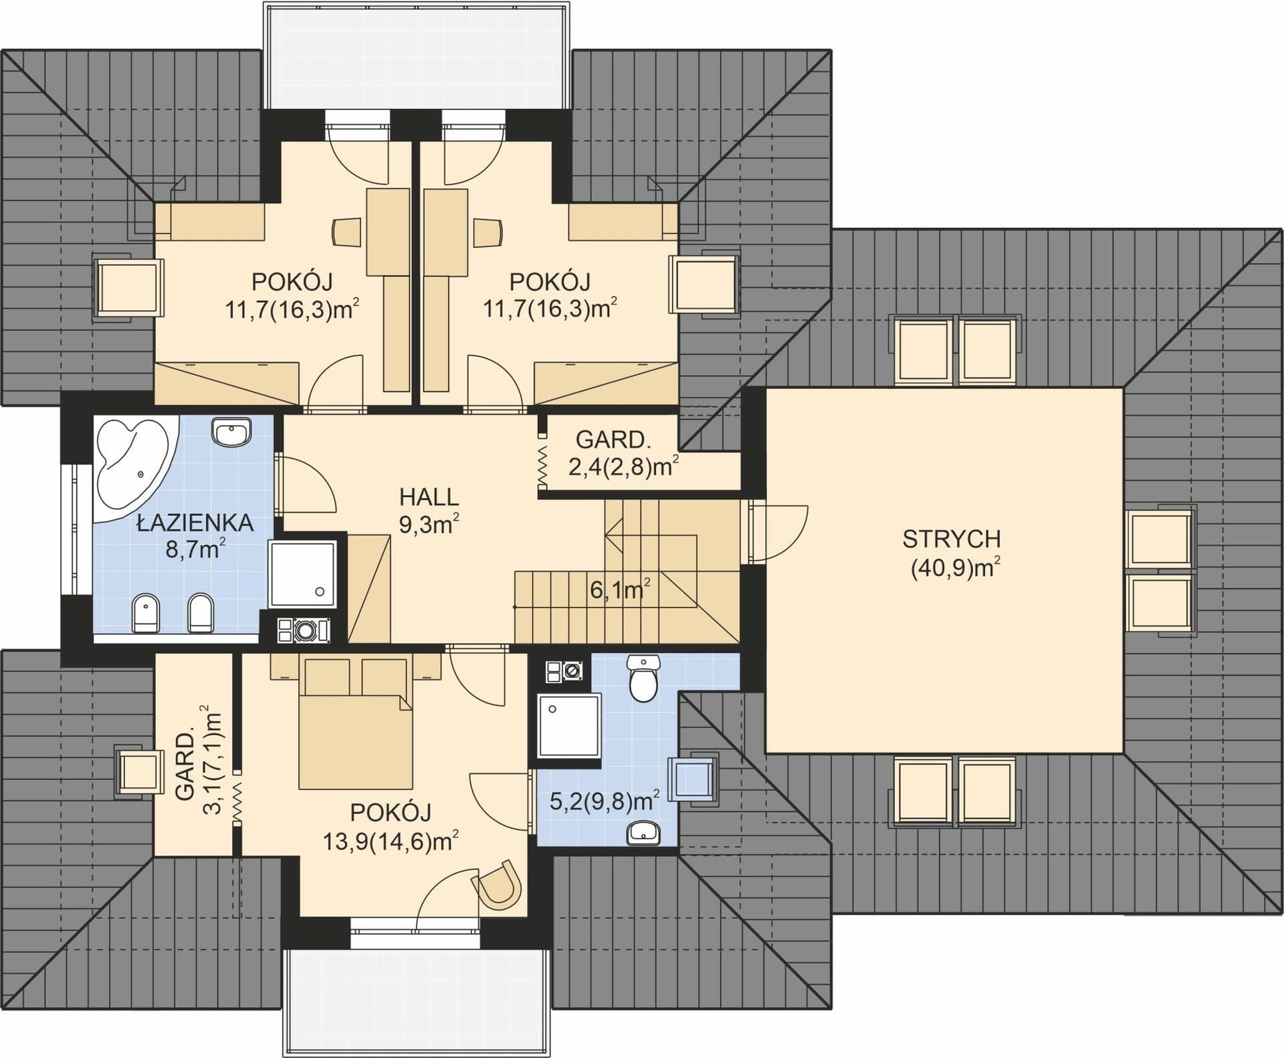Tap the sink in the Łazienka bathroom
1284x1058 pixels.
click(231, 432)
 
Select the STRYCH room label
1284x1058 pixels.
click(952, 539)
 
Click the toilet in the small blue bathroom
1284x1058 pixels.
click(643, 678)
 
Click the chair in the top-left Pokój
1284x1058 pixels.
click(346, 231)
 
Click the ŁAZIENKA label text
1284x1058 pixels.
click(195, 523)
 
